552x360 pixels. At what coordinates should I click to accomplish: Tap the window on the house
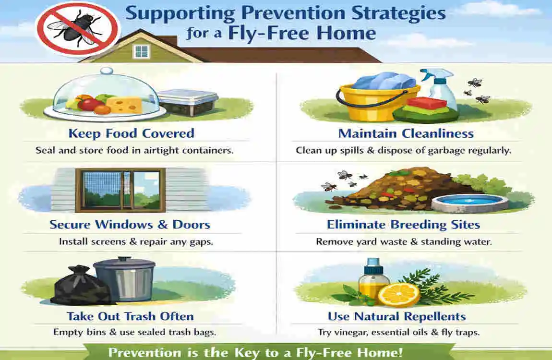[x=142, y=52]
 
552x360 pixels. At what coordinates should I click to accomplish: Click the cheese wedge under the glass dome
[x=124, y=105]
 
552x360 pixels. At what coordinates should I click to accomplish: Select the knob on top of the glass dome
[x=107, y=71]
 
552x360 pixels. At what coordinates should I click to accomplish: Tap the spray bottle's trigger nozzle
[x=434, y=73]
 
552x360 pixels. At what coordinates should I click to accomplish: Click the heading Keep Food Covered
[x=132, y=133]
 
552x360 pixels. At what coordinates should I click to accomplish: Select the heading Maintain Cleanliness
[x=406, y=133]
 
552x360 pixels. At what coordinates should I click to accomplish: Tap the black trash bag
[x=81, y=286]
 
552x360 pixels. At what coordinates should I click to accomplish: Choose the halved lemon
[x=398, y=294]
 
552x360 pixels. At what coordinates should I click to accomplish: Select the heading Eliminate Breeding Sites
[x=403, y=225]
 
